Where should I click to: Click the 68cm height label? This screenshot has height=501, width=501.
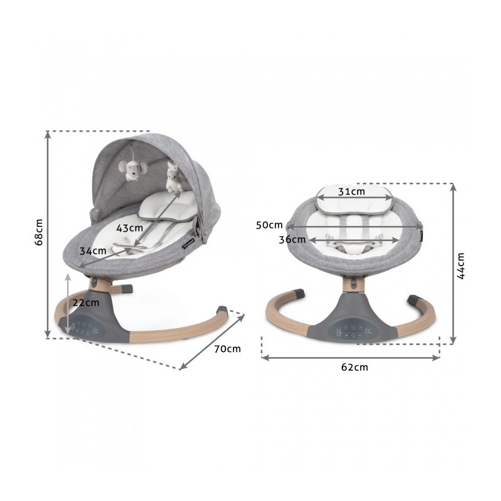tap(39, 232)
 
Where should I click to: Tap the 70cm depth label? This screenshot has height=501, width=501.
tap(227, 349)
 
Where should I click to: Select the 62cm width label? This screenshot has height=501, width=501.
tap(354, 367)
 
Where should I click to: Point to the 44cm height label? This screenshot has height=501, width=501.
tap(460, 266)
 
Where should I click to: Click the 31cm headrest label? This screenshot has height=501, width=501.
tap(351, 192)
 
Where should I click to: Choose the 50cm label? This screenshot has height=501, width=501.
tap(269, 225)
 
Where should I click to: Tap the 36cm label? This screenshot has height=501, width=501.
tap(292, 239)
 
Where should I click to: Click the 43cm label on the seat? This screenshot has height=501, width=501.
tap(130, 228)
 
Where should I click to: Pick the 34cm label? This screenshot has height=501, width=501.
tap(93, 251)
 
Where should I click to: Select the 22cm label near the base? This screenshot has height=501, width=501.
tap(86, 302)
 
